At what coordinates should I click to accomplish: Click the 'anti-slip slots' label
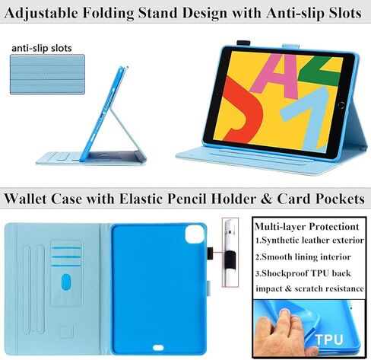(x=42, y=48)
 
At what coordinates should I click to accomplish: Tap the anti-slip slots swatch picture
(x=47, y=75)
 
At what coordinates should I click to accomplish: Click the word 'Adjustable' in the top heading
(x=41, y=13)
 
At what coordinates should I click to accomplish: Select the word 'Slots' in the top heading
(x=345, y=13)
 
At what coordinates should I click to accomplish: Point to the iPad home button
(x=341, y=105)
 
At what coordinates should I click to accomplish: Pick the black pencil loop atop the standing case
(x=243, y=43)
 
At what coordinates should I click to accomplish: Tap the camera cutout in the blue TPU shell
(x=195, y=234)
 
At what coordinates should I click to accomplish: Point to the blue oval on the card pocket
(x=66, y=282)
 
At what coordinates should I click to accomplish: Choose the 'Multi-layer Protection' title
(x=307, y=226)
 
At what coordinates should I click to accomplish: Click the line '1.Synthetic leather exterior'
(x=309, y=241)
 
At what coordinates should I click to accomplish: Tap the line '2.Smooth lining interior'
(x=303, y=257)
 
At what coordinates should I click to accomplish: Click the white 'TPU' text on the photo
(x=329, y=339)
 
